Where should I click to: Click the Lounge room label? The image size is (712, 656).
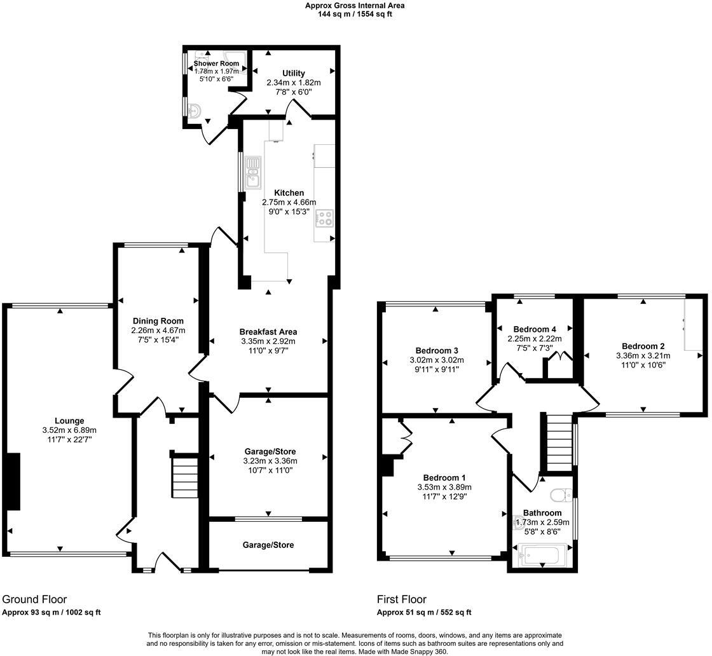(x=69, y=421)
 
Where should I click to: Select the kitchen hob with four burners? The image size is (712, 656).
(x=324, y=217)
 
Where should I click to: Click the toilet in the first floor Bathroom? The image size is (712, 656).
(x=561, y=495)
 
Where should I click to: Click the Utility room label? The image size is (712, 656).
(x=294, y=73)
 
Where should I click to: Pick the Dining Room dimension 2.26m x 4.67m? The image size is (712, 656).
(x=158, y=331)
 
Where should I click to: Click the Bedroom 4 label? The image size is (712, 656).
(x=535, y=329)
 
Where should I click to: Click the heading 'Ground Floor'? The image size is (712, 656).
(x=34, y=599)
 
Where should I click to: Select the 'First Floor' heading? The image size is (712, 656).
(x=402, y=599)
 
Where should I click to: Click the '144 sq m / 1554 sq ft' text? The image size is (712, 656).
(x=355, y=14)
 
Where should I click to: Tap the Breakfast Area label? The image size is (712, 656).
(x=268, y=332)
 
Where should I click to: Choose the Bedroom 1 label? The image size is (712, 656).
(x=444, y=478)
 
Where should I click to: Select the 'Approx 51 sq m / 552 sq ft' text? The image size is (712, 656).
(x=424, y=613)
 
